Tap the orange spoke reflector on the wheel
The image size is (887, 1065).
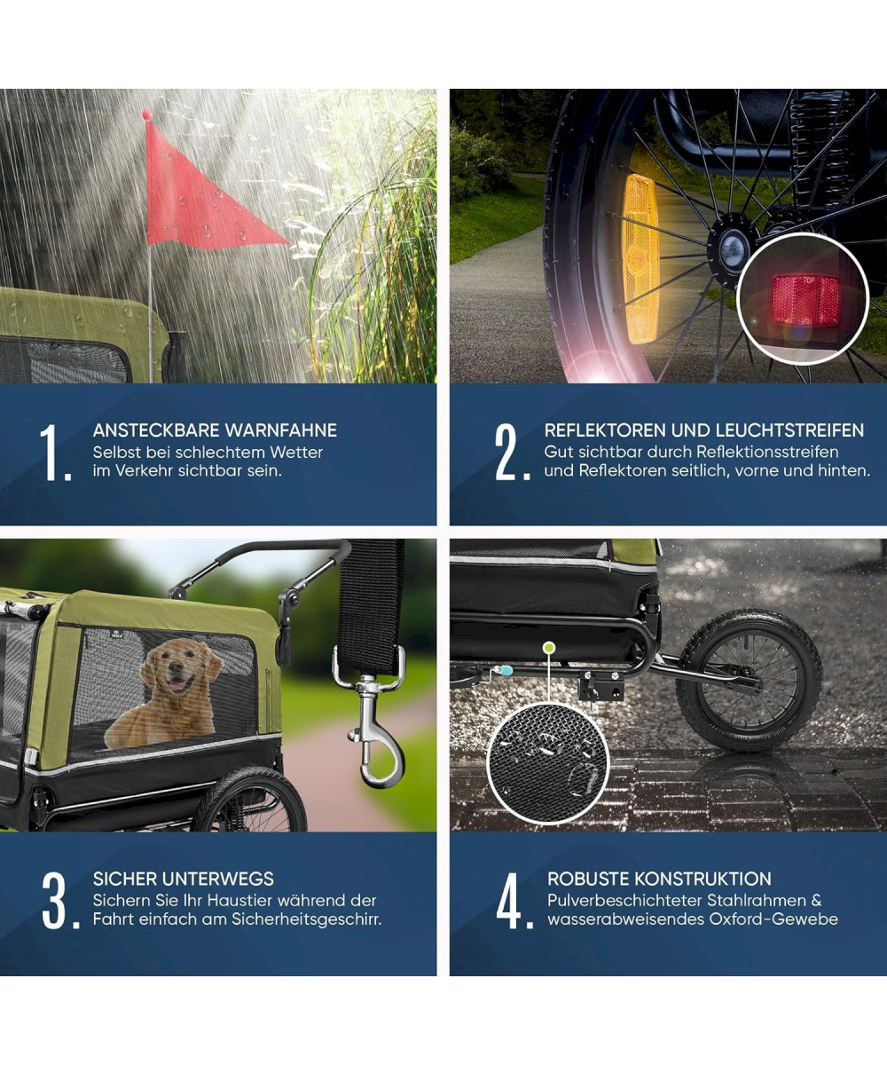pos(640,258)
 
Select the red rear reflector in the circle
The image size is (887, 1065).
pos(805,300)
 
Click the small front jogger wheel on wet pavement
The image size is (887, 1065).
pos(749,680)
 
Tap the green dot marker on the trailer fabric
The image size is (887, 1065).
pos(548,648)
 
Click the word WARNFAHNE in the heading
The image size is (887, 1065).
pos(281,430)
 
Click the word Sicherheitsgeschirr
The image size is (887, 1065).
pos(307,919)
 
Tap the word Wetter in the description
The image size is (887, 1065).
pos(296,453)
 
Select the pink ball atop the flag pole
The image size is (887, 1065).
pos(147,114)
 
